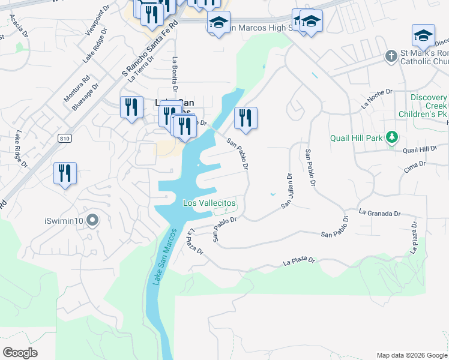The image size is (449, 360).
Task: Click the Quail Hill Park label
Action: click(357, 138)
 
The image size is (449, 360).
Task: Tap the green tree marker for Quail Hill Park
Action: click(392, 138)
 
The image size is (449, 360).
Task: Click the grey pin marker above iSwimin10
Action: click(92, 221)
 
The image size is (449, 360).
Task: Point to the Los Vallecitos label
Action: click(209, 203)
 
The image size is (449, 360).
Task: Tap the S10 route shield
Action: click(65, 139)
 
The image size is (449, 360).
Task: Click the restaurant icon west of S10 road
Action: click(64, 173)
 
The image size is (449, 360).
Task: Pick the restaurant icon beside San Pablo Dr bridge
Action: click(245, 118)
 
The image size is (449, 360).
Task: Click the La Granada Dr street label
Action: click(379, 213)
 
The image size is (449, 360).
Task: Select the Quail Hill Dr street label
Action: click(420, 149)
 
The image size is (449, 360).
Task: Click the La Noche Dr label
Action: click(376, 98)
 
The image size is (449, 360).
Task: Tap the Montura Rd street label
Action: click(77, 87)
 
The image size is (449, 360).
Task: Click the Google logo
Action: click(20, 353)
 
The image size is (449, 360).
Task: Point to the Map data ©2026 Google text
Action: click(411, 355)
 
